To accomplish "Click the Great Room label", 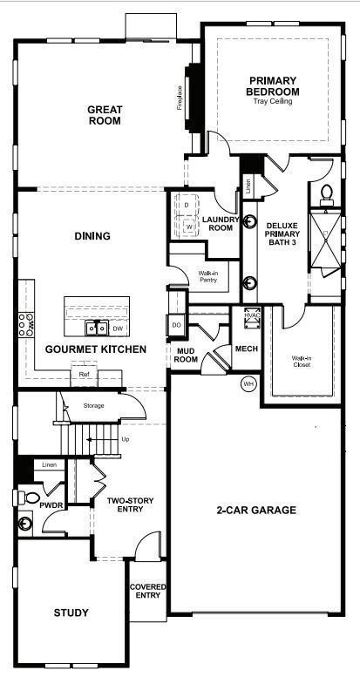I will tap(104, 115).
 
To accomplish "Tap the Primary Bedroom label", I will tap(272, 86).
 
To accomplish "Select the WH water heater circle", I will tap(248, 383).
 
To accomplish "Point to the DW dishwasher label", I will tap(118, 328).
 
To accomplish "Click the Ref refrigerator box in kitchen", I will tap(84, 375).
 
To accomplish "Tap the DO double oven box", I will tap(176, 325).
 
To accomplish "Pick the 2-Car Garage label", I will tap(257, 510).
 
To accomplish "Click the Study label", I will tap(71, 613).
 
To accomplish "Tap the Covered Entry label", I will tap(147, 592).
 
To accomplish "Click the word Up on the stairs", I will tap(126, 439).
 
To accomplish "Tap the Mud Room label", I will tap(185, 355).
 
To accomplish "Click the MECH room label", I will tap(246, 349).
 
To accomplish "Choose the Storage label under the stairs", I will tap(93, 405).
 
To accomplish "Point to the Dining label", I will tap(92, 235).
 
